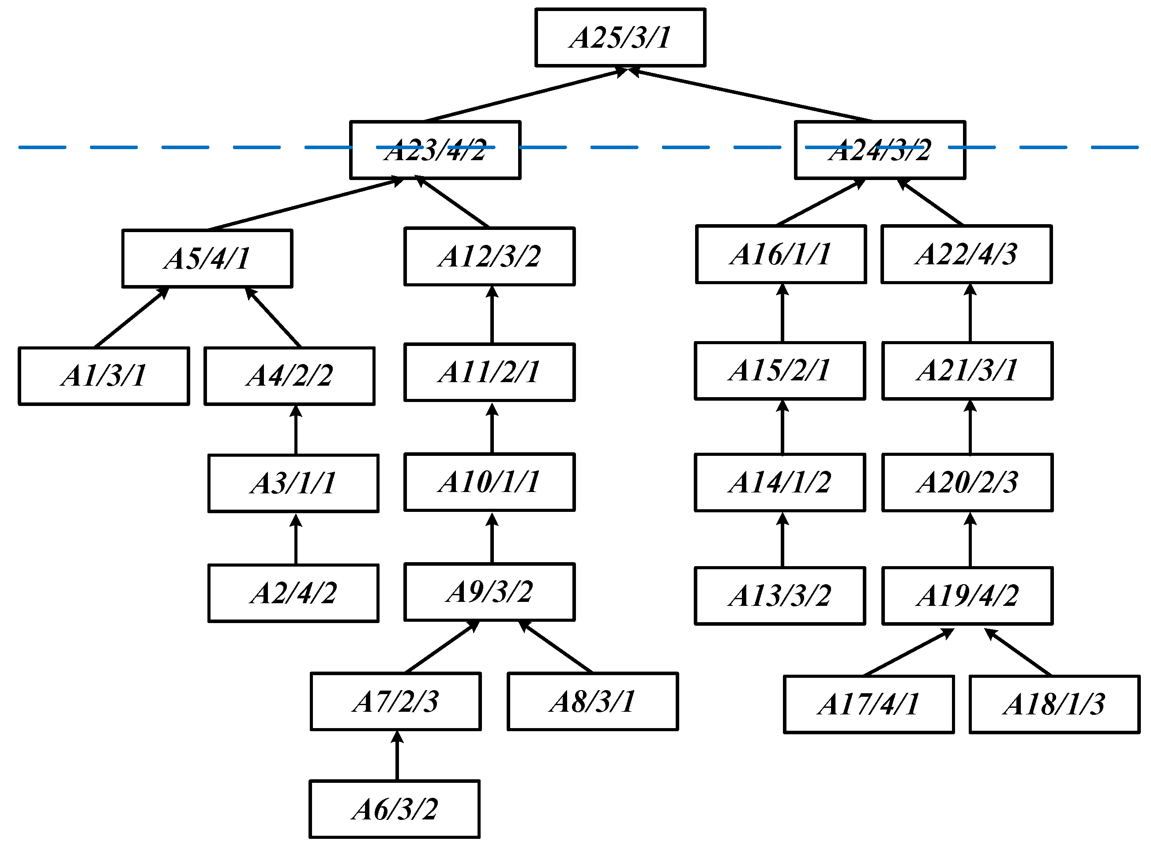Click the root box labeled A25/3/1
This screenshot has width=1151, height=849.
tap(620, 38)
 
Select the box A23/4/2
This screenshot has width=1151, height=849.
tap(435, 150)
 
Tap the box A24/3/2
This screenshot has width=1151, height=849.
tap(880, 150)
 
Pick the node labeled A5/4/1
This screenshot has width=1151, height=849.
tap(207, 259)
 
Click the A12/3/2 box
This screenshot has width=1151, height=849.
tap(489, 256)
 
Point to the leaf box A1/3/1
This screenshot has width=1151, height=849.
tap(104, 376)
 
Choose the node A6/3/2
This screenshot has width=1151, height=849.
tap(394, 809)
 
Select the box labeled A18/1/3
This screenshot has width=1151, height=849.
tap(1054, 704)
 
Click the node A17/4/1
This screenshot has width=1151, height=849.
tap(869, 704)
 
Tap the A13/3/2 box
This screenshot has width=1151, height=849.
tap(780, 596)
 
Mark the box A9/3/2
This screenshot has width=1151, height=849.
tap(489, 592)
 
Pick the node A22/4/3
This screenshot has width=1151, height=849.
tap(967, 255)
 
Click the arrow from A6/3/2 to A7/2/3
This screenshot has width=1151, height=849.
tap(397, 755)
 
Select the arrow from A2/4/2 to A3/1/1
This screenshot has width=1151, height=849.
tap(296, 539)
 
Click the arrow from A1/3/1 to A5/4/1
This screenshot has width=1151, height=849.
tap(132, 318)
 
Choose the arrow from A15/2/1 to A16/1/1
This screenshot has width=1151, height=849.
tap(782, 313)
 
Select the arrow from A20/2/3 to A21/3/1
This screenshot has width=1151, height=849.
tap(970, 427)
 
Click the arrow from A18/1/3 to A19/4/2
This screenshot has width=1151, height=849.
tap(1018, 652)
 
